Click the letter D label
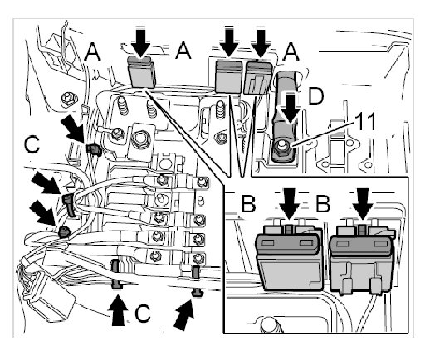coord(315,97)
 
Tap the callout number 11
coord(365,121)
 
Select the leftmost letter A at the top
coord(92,52)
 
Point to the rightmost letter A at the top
coord(291,52)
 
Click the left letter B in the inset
coord(248,203)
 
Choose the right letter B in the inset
coord(323,203)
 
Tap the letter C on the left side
coord(32,144)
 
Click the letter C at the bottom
coord(143,314)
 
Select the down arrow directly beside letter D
coord(290,108)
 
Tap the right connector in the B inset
coord(362,259)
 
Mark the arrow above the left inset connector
coord(289,204)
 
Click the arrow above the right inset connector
coord(363,204)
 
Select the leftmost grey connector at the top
coord(141,71)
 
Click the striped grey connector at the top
coord(259,78)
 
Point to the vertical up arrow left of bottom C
coord(118,310)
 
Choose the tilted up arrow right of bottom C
coord(185,315)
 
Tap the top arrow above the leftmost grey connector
coord(141,42)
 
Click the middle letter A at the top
coord(183,51)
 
